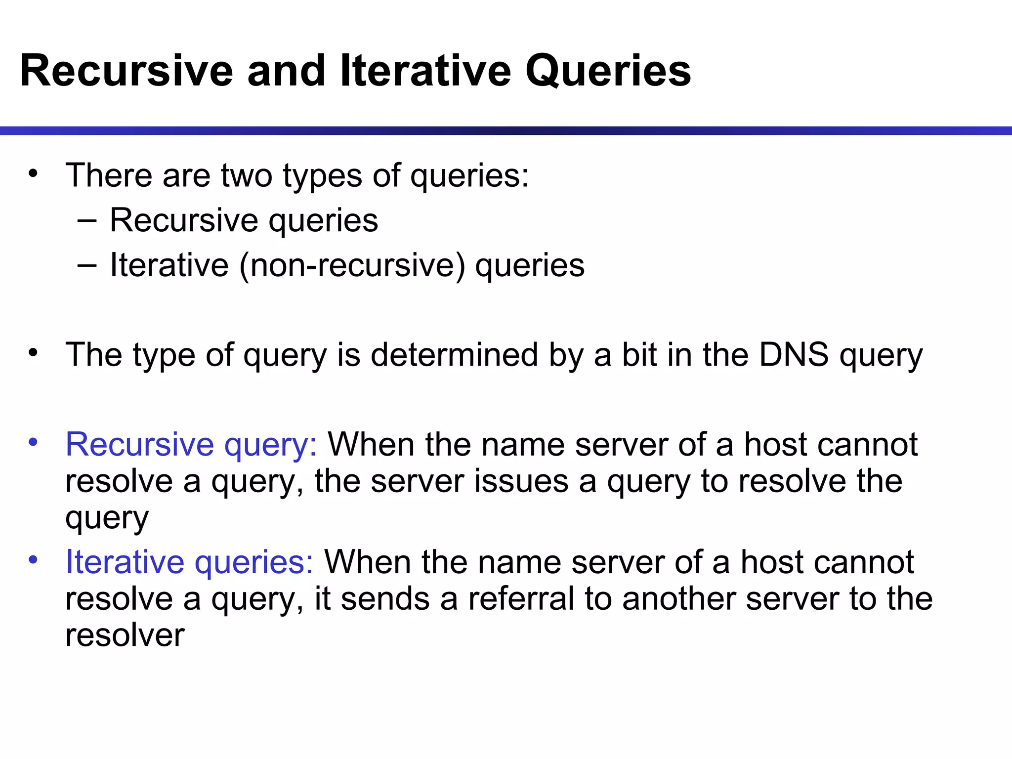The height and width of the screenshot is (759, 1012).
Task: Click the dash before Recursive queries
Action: pyautogui.click(x=87, y=220)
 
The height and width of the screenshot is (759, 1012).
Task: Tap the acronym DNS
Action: pyautogui.click(x=794, y=355)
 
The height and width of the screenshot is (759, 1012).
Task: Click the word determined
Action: pyautogui.click(x=454, y=355)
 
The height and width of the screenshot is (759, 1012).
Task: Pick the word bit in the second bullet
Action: pyautogui.click(x=639, y=355)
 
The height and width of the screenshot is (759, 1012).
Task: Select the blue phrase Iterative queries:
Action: pyautogui.click(x=189, y=562)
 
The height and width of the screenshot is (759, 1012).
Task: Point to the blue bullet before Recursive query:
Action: pyautogui.click(x=33, y=441)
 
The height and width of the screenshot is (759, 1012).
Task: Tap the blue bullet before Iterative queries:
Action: pyautogui.click(x=33, y=560)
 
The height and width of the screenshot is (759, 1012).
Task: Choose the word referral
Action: pyautogui.click(x=521, y=598)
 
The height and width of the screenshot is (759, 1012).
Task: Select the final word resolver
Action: pyautogui.click(x=125, y=635)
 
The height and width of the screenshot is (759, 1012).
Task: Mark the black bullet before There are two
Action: pyautogui.click(x=33, y=173)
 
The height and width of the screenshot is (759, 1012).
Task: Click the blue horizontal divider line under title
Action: pyautogui.click(x=506, y=130)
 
